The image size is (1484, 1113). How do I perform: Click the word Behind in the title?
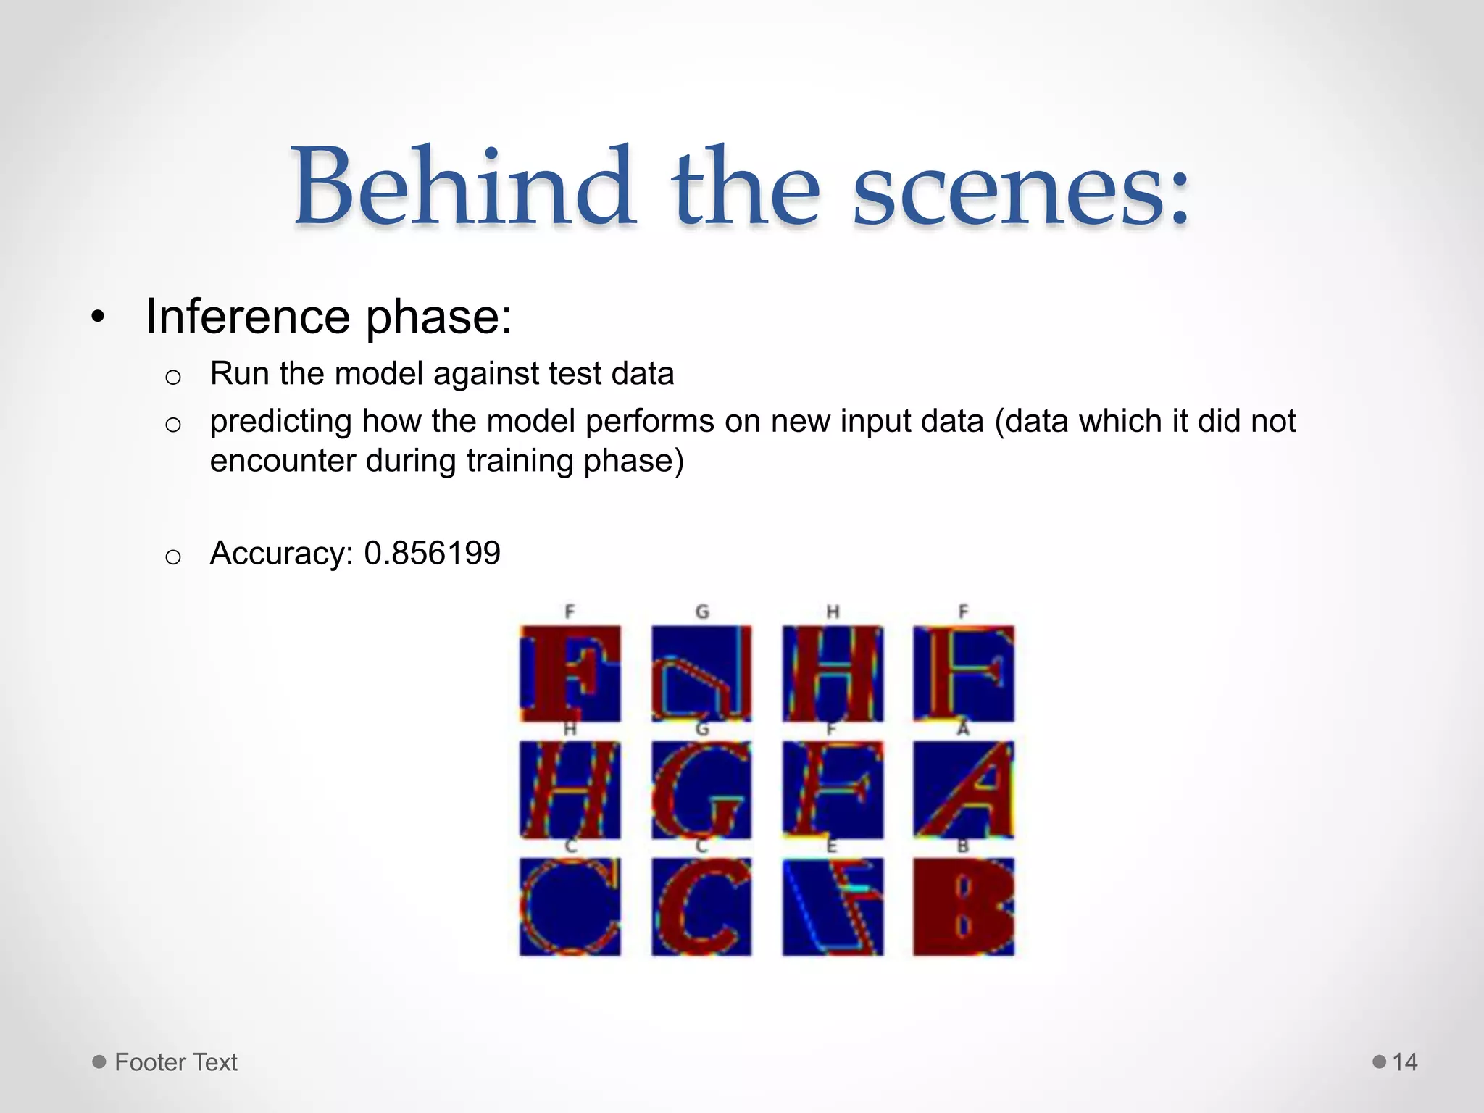(464, 187)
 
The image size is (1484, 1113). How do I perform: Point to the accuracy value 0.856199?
(432, 553)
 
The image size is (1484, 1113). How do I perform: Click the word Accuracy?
(281, 554)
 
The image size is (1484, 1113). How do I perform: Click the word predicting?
(280, 422)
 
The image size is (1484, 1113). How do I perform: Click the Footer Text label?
(176, 1062)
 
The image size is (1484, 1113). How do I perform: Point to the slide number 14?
(1405, 1062)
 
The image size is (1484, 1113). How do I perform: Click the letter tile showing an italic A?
(963, 789)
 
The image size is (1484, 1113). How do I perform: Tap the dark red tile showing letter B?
(963, 906)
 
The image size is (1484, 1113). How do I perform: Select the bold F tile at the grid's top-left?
(570, 673)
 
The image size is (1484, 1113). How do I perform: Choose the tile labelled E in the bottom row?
(833, 906)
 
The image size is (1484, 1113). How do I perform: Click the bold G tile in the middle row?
(701, 789)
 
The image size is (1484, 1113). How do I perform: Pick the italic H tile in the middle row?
(570, 789)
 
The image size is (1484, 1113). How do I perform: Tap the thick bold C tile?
(701, 906)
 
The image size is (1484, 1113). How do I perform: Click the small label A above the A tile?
(963, 728)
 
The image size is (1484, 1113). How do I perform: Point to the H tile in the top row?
(833, 673)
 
